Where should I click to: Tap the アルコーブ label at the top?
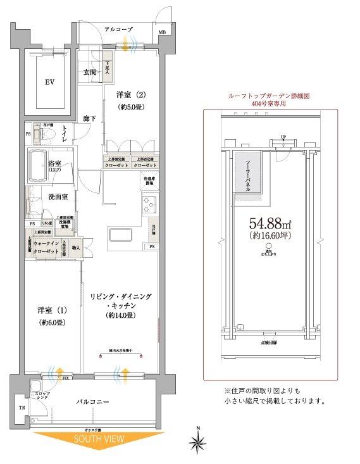(118, 28)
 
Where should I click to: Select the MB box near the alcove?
(162, 32)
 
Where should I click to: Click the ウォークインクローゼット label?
(46, 247)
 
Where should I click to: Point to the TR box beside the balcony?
(22, 408)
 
